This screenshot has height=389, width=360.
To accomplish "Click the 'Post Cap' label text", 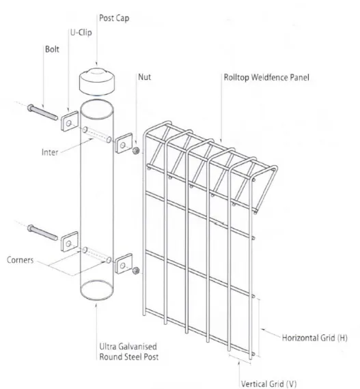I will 114,18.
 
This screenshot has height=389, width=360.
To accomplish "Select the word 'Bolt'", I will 52,50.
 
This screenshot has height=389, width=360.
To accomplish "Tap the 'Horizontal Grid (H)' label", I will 314,338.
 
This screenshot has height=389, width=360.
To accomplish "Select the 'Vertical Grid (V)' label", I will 268,383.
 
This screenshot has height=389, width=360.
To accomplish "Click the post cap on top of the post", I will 98,82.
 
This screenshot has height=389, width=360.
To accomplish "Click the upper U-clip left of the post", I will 70,122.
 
